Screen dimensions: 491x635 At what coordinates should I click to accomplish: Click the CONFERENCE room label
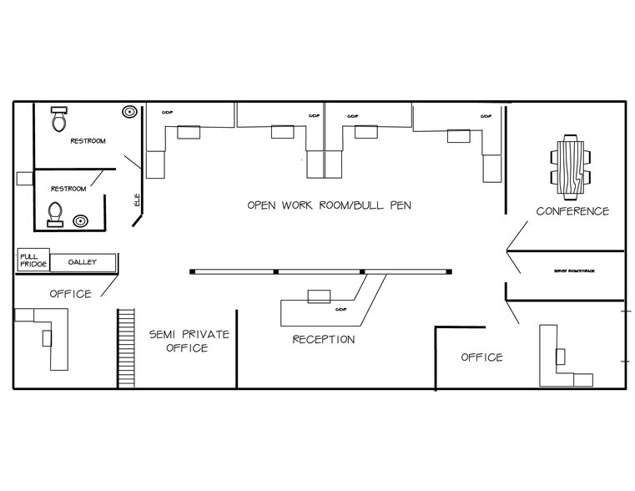pos(572,211)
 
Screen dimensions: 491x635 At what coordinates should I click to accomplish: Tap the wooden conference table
pos(572,168)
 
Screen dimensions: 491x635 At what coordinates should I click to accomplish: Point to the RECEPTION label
pos(323,339)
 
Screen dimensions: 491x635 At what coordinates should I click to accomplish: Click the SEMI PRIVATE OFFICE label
pos(189,341)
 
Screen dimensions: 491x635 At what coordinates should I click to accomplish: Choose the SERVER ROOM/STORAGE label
pos(572,272)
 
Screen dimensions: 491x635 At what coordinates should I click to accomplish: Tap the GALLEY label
pos(83,262)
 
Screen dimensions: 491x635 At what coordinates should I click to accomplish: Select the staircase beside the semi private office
pos(126,347)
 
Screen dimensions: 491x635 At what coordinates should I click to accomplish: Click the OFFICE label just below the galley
pos(70,294)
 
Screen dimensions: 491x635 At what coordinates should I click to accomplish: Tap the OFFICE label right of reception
pos(482,357)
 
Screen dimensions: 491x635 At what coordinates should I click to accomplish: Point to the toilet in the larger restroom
pos(58,120)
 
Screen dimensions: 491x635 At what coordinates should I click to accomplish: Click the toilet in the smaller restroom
pos(55,214)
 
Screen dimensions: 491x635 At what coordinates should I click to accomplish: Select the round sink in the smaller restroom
pos(80,221)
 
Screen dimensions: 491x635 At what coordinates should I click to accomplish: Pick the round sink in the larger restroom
pos(129,110)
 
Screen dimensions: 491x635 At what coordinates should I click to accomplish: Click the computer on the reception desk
pos(319,296)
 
